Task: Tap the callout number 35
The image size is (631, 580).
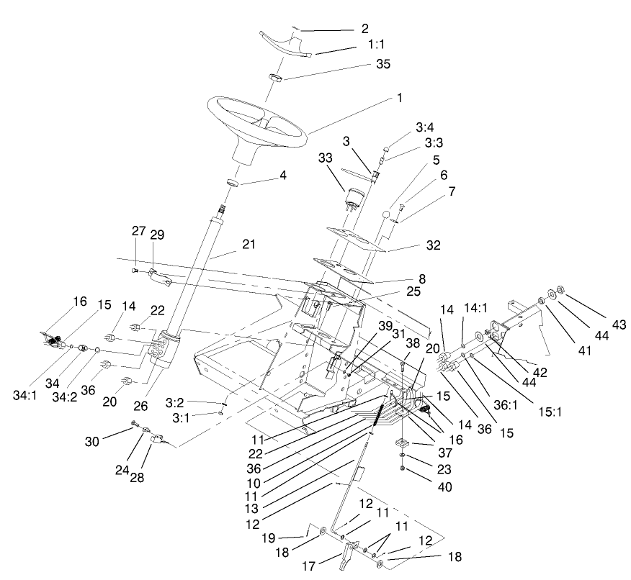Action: (382, 64)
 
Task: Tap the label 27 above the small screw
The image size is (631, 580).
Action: (138, 231)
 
